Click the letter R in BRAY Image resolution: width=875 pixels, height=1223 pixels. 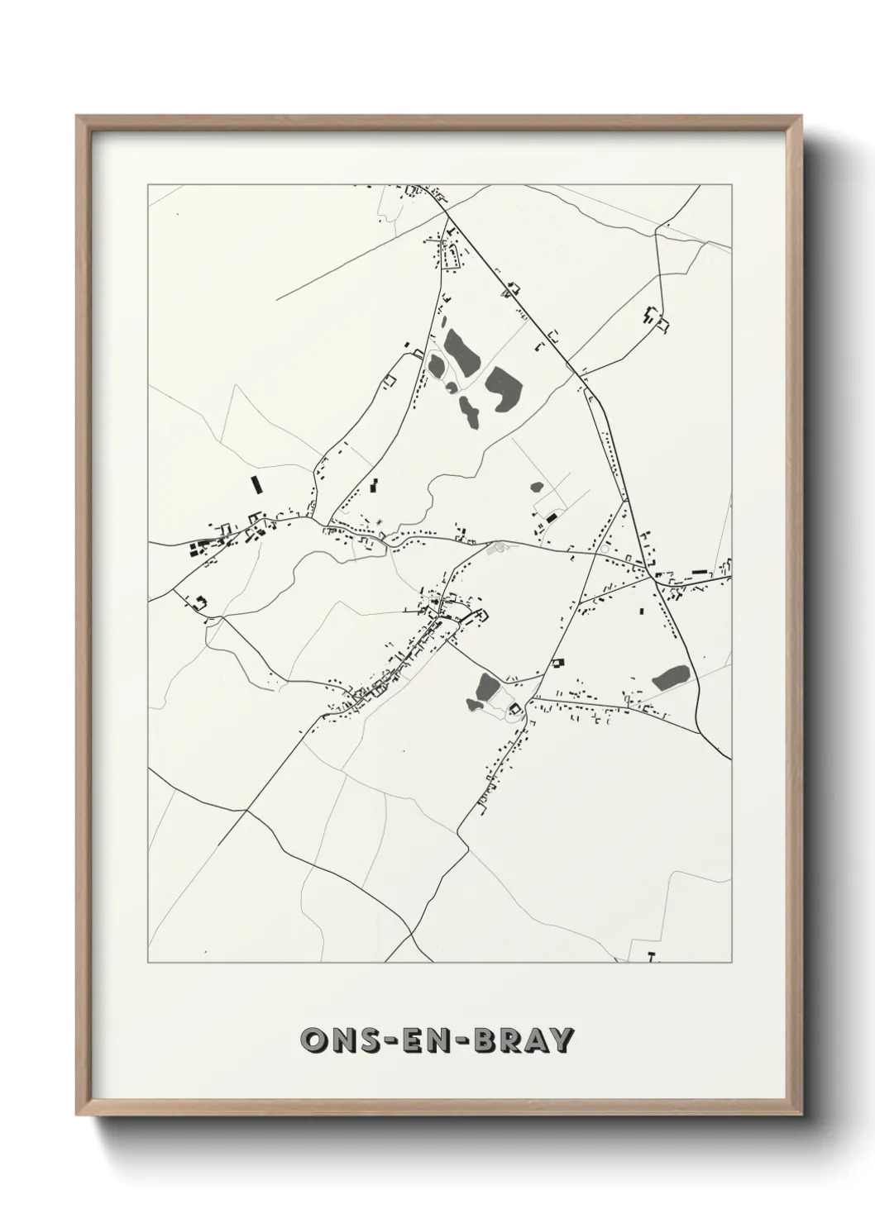pyautogui.click(x=509, y=1040)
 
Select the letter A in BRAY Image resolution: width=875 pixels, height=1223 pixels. pyautogui.click(x=535, y=1040)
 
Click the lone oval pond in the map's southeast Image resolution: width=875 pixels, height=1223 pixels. pyautogui.click(x=671, y=678)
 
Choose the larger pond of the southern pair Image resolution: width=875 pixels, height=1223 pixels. pyautogui.click(x=487, y=685)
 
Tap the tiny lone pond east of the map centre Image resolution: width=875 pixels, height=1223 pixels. pyautogui.click(x=537, y=488)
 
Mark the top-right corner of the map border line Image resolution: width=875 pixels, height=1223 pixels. pyautogui.click(x=731, y=185)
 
